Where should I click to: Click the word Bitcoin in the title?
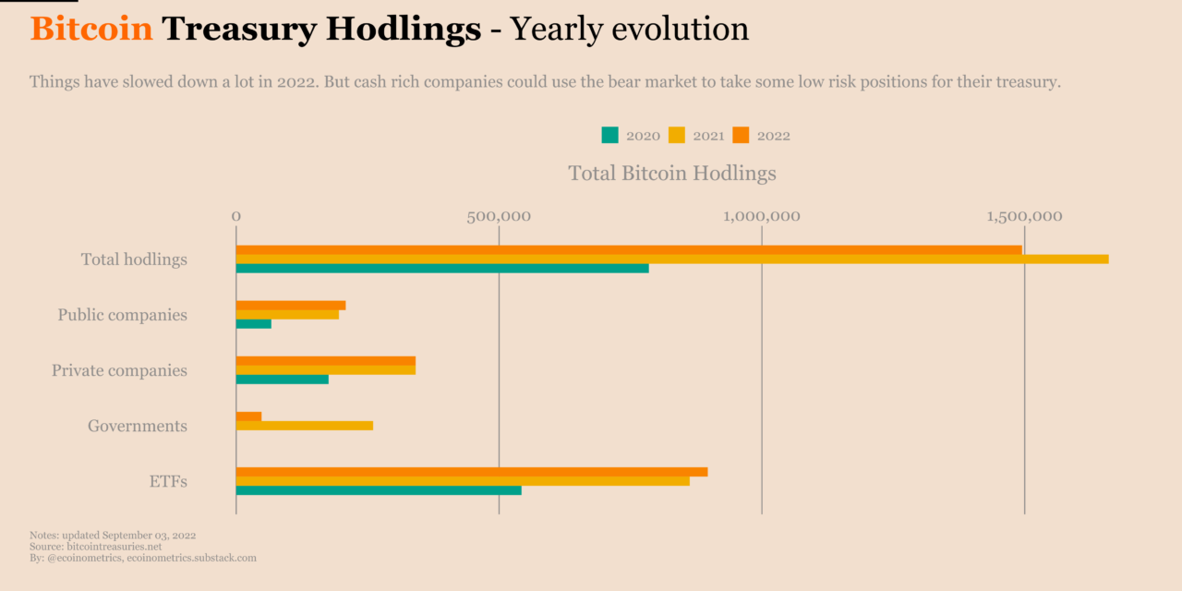(x=90, y=30)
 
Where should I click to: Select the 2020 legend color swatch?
(x=609, y=135)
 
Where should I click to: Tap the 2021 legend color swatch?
(x=676, y=135)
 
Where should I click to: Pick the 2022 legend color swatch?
(x=740, y=135)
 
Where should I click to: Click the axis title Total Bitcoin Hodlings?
(x=671, y=173)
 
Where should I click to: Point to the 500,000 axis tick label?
(x=499, y=216)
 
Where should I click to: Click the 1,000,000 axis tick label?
(x=762, y=216)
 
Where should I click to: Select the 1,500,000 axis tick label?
(x=1024, y=216)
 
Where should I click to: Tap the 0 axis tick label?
(x=236, y=216)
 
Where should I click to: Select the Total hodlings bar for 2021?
(x=671, y=259)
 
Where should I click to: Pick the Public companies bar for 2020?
(x=253, y=324)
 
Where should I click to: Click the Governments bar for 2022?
(x=248, y=416)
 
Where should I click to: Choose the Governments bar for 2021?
(x=304, y=426)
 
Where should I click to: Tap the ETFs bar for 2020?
(x=378, y=490)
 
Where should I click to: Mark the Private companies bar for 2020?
(x=282, y=380)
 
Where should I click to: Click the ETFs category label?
(x=168, y=481)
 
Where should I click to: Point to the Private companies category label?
(x=119, y=370)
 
